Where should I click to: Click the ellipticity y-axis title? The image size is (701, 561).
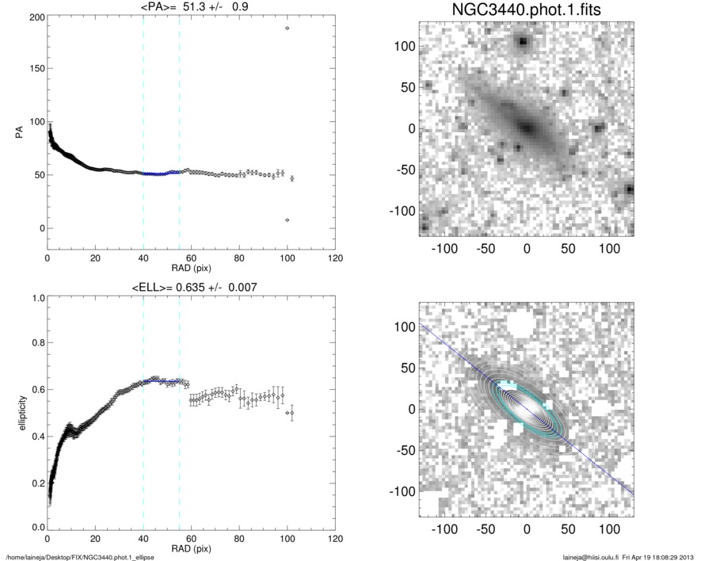coord(13,414)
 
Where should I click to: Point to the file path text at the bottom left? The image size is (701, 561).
coord(80,556)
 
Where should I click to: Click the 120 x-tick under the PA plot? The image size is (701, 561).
coord(335,258)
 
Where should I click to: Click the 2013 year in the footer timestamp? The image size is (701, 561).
coord(688,556)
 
